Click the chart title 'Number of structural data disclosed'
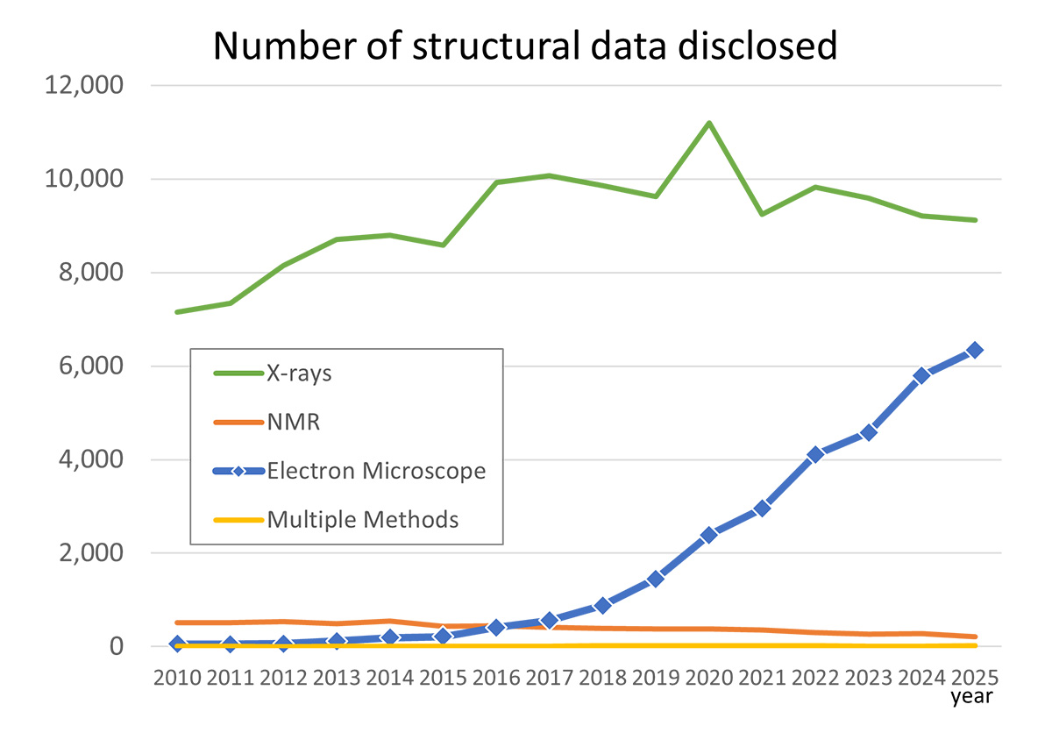(525, 46)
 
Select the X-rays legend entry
(299, 373)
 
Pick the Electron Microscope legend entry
(376, 471)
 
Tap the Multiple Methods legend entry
(363, 519)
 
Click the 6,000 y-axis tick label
(90, 366)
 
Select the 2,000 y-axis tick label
(90, 553)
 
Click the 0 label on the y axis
(116, 646)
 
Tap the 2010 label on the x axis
(177, 679)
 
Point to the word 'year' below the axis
(973, 698)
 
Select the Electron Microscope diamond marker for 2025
(974, 350)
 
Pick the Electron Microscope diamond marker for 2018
(602, 605)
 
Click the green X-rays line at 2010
(178, 311)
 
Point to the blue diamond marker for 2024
(920, 375)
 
